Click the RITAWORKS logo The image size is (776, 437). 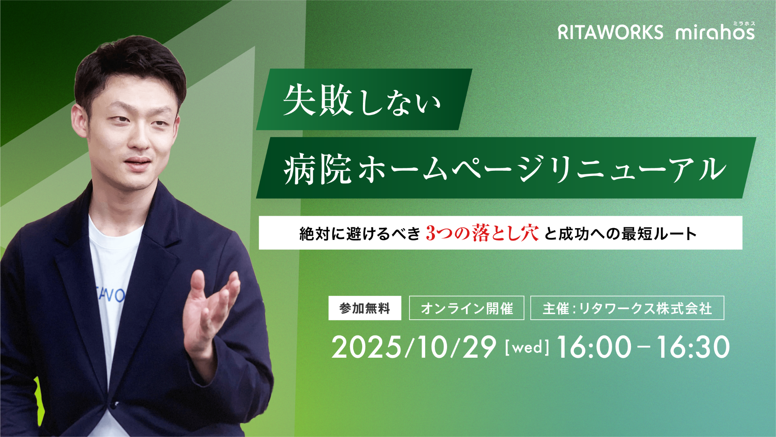click(610, 32)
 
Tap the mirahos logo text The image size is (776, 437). click(715, 32)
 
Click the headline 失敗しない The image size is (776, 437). click(362, 100)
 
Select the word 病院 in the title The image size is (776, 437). click(318, 169)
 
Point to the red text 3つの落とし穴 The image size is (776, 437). click(482, 233)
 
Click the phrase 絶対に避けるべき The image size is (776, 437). click(360, 233)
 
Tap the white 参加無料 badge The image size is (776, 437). click(365, 308)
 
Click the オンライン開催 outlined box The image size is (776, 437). click(467, 308)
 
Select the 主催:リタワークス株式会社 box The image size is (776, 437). click(627, 308)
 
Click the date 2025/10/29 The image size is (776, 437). click(414, 347)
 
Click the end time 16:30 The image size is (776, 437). click(693, 347)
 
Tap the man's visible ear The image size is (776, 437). click(79, 121)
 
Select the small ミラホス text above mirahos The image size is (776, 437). click(744, 23)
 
